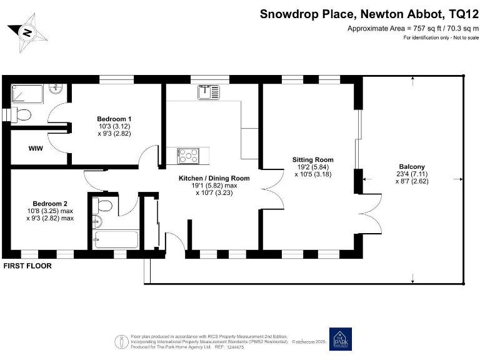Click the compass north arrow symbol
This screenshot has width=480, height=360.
(x=27, y=30)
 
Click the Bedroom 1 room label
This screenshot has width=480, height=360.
(x=114, y=119)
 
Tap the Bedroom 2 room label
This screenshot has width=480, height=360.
(x=50, y=204)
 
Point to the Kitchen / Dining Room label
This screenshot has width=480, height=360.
(x=214, y=178)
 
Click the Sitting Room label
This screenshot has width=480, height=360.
(x=312, y=159)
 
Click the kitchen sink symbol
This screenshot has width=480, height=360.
(x=208, y=92)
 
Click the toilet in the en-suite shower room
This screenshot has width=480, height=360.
(x=22, y=114)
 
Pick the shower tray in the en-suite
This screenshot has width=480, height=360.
(x=27, y=93)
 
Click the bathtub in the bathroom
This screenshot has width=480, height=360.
(x=110, y=239)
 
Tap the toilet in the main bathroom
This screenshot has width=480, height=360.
(x=104, y=206)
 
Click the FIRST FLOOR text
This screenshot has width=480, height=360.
(x=27, y=266)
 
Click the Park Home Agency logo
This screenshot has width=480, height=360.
(x=341, y=339)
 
